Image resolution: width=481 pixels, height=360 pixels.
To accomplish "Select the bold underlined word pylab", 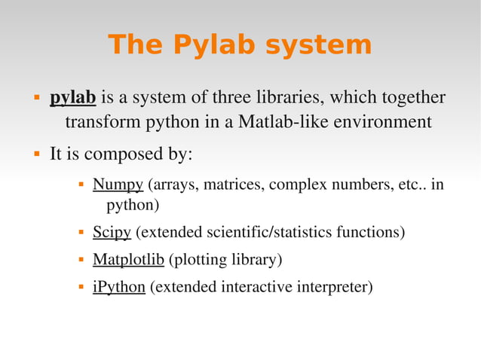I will (73, 98).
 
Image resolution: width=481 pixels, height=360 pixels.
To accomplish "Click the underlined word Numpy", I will (118, 185).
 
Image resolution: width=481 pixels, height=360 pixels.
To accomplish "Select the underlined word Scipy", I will (112, 232).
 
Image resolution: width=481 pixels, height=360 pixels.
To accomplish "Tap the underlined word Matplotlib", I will (128, 260).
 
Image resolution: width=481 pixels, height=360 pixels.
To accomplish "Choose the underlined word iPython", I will (118, 287).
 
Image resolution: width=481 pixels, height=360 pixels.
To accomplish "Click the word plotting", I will (201, 260).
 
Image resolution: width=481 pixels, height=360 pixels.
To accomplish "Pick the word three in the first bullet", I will (234, 98).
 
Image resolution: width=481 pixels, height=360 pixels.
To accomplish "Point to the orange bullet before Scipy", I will (80, 233).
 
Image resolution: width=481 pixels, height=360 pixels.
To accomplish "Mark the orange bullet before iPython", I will (80, 288).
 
